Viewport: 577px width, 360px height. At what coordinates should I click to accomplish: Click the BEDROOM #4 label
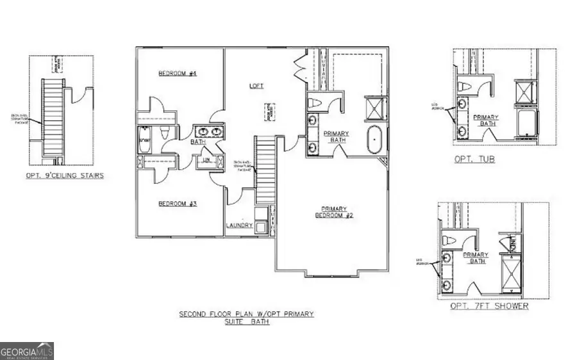pos(177,74)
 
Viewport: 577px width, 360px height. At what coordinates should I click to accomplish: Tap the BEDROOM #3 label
pos(177,204)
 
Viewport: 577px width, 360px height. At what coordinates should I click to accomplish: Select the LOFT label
pos(256,85)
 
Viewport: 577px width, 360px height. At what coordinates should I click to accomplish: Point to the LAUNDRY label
pos(238,225)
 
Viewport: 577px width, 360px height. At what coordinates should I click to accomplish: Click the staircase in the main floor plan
pos(265,170)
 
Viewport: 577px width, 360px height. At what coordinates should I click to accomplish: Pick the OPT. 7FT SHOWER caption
pos(489,306)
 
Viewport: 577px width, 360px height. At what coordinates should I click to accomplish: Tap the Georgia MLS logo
pos(27,350)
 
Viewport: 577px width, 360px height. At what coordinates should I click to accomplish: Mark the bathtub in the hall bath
pos(144,137)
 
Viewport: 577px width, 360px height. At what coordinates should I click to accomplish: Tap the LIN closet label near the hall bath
pos(207,160)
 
